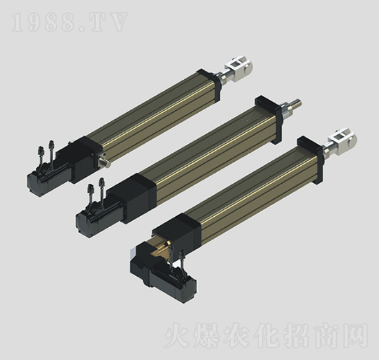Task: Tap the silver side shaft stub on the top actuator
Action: point(105,163)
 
